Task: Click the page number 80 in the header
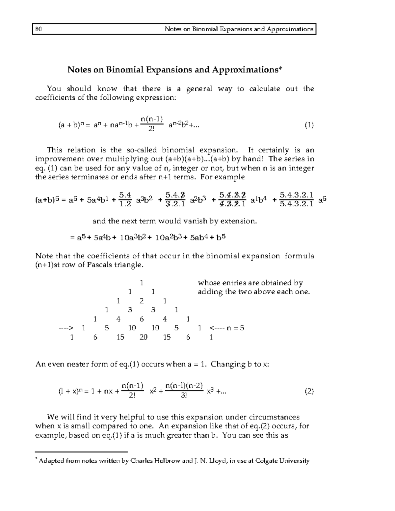pos(38,29)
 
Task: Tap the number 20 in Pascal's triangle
pos(143,337)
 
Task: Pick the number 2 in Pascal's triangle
pos(142,301)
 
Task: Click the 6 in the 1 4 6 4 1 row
pos(142,319)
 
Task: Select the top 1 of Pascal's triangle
pos(141,283)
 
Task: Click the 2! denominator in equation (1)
pos(151,129)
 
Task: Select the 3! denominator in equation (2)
pos(184,395)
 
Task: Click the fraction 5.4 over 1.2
pos(125,200)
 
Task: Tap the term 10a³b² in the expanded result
pos(133,238)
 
